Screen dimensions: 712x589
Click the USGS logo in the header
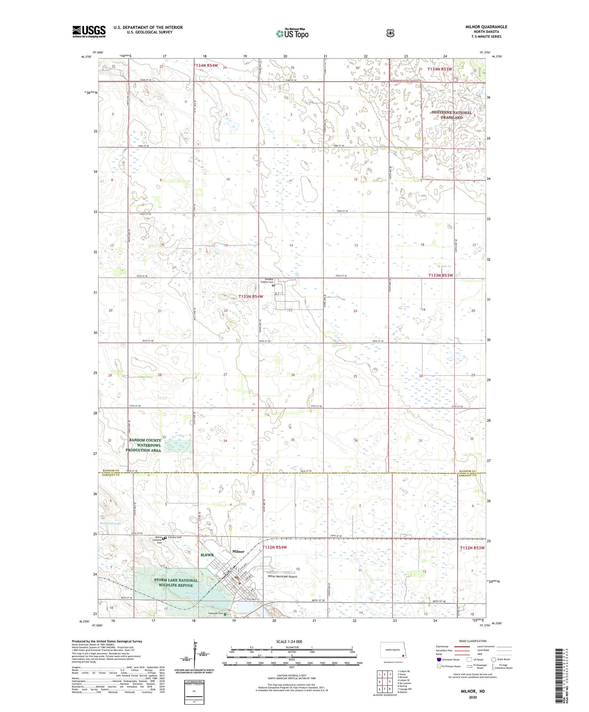tap(89, 31)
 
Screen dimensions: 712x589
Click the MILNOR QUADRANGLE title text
tap(486, 27)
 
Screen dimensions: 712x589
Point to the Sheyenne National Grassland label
tap(451, 115)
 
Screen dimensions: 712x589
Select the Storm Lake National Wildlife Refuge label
tap(176, 582)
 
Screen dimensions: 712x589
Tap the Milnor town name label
tap(238, 551)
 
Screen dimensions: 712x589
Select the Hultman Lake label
tap(110, 523)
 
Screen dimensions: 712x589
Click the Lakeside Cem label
tap(216, 613)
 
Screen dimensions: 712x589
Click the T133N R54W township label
tap(251, 297)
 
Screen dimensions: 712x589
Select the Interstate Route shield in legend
tap(439, 659)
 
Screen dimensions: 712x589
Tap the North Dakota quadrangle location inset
tap(392, 652)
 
